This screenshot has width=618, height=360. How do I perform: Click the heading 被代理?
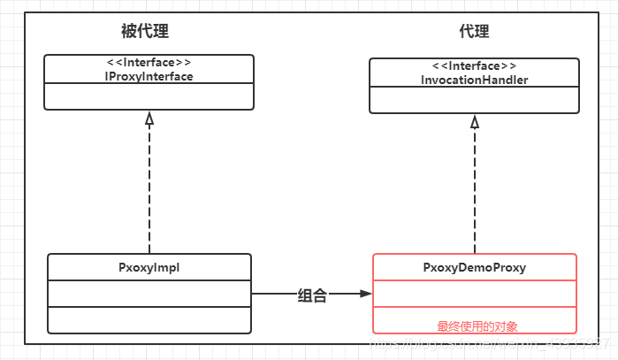click(x=145, y=32)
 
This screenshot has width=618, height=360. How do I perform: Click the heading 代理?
click(x=474, y=32)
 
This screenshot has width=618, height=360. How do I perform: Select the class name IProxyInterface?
click(x=149, y=76)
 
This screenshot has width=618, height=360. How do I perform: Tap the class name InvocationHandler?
click(x=474, y=80)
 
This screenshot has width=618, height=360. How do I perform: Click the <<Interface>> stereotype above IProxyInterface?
click(x=149, y=63)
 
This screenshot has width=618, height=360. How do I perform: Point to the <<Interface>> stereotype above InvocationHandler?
click(x=474, y=66)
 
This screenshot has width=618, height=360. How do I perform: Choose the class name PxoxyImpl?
click(x=149, y=267)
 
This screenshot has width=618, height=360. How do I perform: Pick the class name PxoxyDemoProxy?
click(x=474, y=267)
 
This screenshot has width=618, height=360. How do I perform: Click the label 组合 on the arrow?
click(x=312, y=296)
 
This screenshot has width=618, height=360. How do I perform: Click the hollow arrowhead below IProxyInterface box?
click(x=149, y=119)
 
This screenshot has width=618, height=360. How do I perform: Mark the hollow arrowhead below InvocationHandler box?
click(x=475, y=122)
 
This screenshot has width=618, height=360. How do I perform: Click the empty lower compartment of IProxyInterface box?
click(x=149, y=96)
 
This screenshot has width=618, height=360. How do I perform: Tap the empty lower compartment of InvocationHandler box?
click(x=474, y=100)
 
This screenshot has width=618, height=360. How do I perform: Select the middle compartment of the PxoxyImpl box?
click(x=149, y=293)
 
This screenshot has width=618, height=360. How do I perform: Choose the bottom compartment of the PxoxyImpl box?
click(x=149, y=319)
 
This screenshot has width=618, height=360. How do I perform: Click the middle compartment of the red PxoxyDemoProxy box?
click(x=474, y=293)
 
